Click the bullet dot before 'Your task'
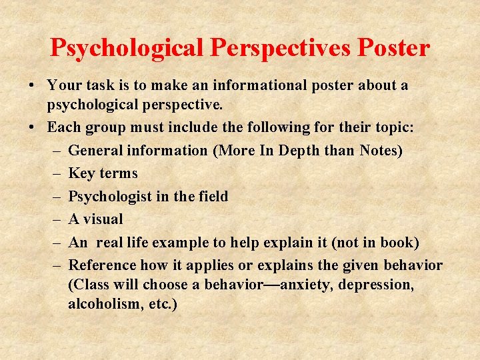pos(31,86)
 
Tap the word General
pos(96,151)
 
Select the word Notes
pos(381,151)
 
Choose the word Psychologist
pos(109,197)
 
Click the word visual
pos(103,219)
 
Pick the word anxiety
pos(309,285)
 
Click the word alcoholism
pos(102,304)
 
